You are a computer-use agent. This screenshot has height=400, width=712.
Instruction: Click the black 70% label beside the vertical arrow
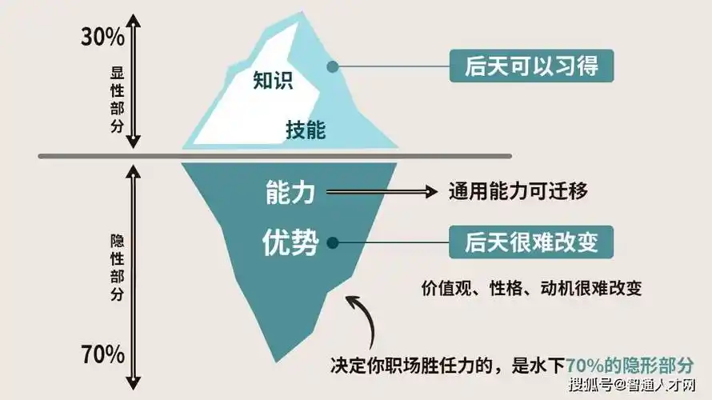click(103, 354)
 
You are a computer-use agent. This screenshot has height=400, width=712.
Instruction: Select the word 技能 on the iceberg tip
click(306, 130)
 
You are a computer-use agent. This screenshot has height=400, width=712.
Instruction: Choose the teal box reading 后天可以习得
click(531, 65)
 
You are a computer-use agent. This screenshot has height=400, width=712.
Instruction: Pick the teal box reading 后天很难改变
click(531, 241)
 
